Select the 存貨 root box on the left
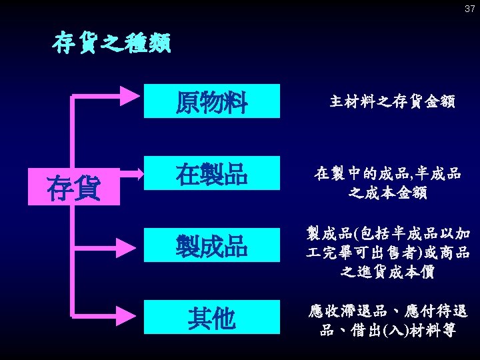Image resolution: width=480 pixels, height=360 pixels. (73, 188)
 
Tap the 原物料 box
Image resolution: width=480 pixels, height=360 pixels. (212, 101)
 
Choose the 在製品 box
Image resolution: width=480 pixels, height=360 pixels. (212, 174)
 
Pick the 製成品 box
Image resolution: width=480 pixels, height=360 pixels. (212, 247)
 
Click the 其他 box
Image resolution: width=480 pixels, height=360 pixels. (212, 318)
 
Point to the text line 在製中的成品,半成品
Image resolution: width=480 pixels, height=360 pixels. (387, 175)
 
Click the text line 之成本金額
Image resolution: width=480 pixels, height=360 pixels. (387, 194)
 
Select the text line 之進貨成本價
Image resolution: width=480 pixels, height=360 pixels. (387, 272)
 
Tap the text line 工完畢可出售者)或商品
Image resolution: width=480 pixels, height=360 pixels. (387, 253)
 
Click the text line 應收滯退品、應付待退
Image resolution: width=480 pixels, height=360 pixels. (387, 311)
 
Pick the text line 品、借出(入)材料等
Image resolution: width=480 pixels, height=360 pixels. (387, 330)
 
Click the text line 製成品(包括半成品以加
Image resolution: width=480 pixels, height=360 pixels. (387, 233)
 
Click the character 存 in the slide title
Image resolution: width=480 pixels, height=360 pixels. (63, 44)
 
